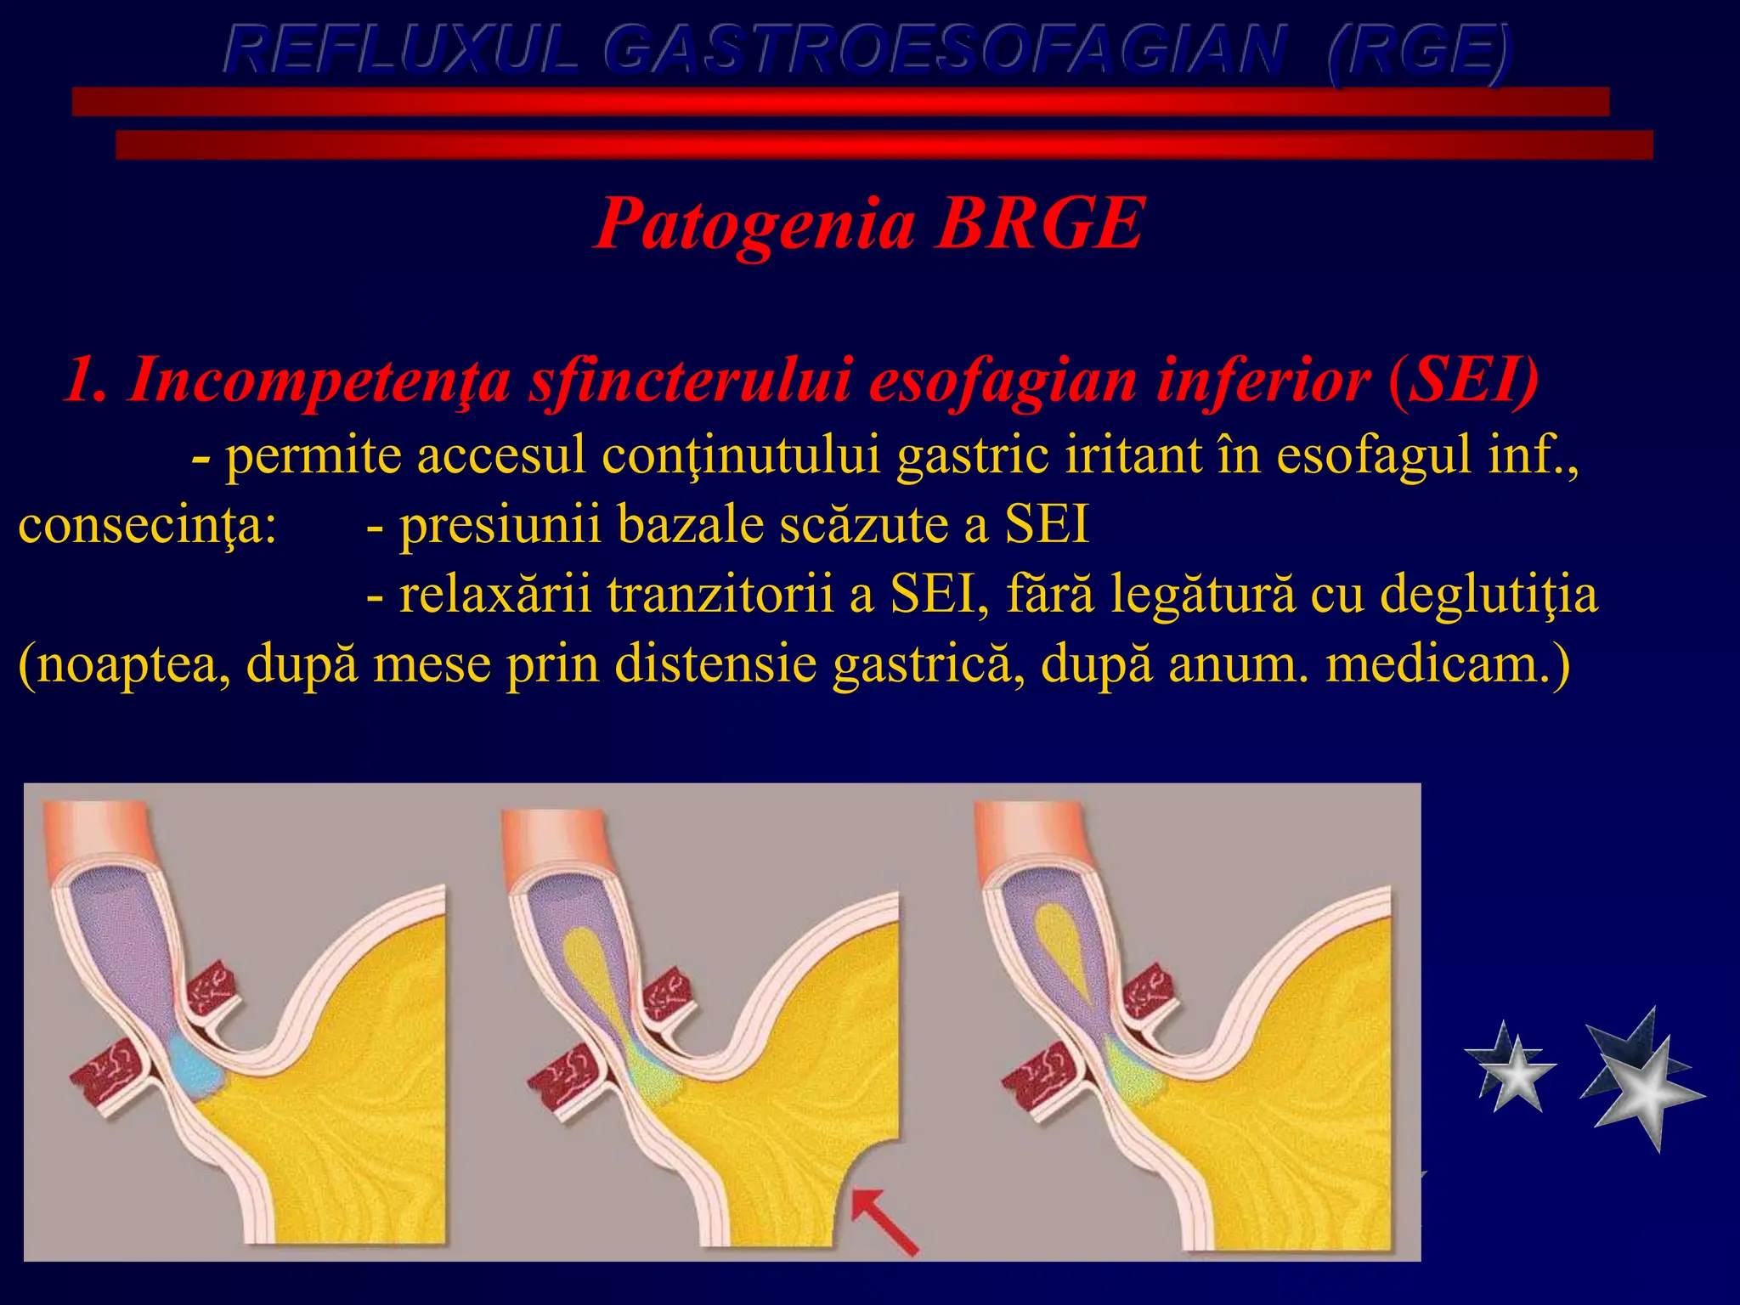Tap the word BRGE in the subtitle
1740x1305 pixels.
pyautogui.click(x=1040, y=223)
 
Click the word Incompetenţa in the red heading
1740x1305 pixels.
pyautogui.click(x=319, y=380)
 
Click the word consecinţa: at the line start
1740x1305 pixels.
pyautogui.click(x=147, y=525)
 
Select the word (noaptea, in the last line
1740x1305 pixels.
pyautogui.click(x=124, y=664)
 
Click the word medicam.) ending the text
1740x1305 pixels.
pyautogui.click(x=1448, y=664)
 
